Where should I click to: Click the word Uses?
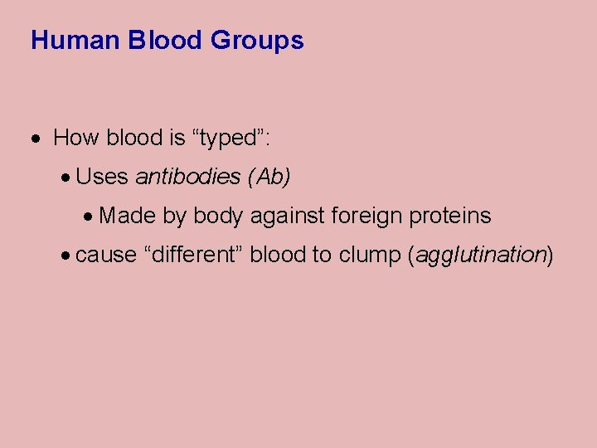(102, 177)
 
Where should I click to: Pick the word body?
(218, 217)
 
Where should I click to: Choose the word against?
(287, 217)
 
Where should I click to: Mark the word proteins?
(453, 217)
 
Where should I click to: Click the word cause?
(106, 255)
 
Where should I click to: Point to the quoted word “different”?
(193, 255)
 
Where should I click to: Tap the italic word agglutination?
(479, 256)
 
